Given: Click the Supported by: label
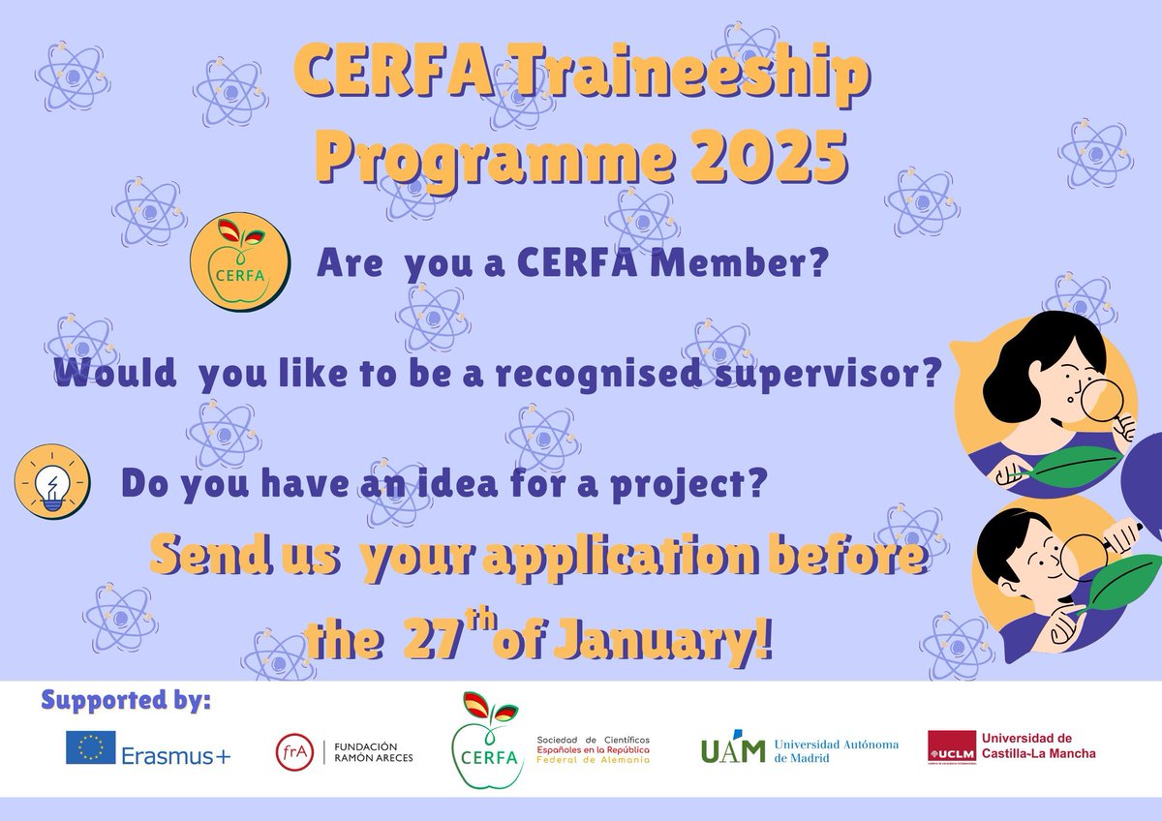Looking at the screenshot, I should pos(126,699).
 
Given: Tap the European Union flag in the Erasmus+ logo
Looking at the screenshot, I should pos(91,747).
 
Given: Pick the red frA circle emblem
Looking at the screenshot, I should pos(295,751).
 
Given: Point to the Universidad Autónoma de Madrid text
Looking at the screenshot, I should pos(836,750).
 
